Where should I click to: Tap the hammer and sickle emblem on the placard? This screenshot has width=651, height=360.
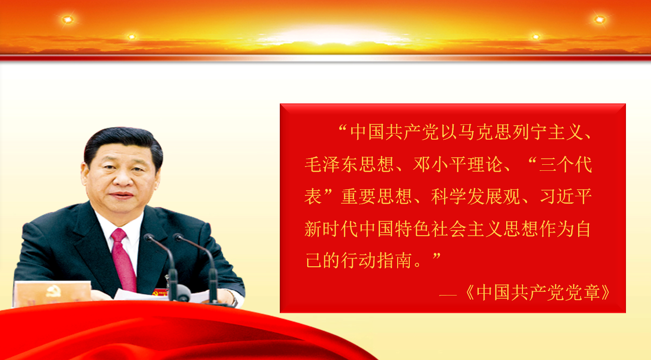[x=54, y=291]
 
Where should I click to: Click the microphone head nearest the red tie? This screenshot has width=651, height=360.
[x=149, y=238]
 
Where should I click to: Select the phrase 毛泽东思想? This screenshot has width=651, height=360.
[x=349, y=164]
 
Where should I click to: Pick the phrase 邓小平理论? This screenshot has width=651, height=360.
[x=458, y=164]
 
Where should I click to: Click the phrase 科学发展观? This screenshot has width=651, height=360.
[x=476, y=196]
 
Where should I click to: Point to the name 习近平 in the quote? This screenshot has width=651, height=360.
[x=566, y=196]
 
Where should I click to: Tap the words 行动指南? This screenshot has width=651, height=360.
[x=377, y=260]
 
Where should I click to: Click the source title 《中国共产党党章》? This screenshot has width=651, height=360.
[x=538, y=292]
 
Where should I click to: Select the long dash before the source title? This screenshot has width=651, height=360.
[x=448, y=295]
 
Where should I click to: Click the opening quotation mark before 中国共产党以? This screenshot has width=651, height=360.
[x=343, y=128]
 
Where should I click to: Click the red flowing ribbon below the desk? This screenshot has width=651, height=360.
[x=174, y=331]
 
